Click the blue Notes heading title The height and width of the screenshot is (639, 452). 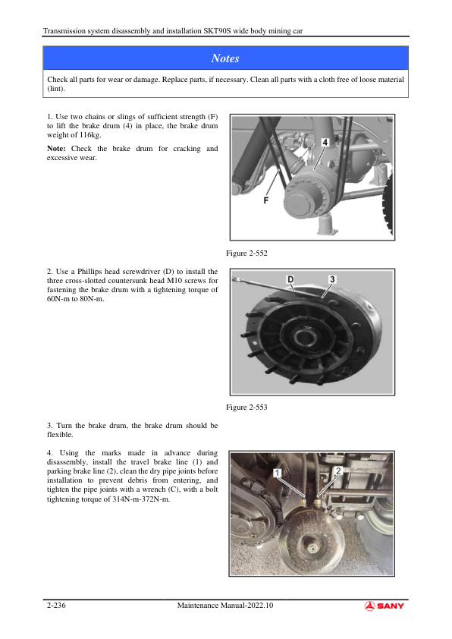point(225,58)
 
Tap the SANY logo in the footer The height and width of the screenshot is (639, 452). point(384,606)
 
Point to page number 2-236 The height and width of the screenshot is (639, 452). point(56,605)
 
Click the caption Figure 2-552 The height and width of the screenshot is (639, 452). point(246,253)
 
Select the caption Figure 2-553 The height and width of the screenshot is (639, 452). point(246,407)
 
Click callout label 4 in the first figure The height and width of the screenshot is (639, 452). point(325,142)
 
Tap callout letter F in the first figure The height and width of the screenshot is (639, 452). point(266,200)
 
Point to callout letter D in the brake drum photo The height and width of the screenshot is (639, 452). point(290,279)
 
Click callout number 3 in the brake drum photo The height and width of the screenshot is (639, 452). point(332,279)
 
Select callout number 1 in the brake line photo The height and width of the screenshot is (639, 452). point(278,473)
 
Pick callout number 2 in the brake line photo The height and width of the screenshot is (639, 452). point(338,471)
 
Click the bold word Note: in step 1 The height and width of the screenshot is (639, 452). point(56,149)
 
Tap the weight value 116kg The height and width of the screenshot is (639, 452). point(90,135)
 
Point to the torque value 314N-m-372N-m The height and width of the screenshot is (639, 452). point(141,499)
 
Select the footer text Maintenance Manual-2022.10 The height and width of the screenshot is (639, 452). point(225,605)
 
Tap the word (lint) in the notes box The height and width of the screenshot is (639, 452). point(56,89)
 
